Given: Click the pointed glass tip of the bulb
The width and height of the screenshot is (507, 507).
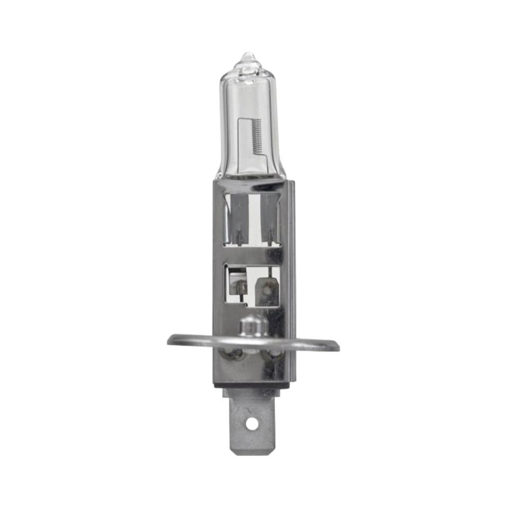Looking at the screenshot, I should (248, 56).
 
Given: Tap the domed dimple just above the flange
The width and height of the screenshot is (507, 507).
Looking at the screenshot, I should (253, 325).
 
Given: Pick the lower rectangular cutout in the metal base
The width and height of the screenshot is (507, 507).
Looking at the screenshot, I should (252, 286).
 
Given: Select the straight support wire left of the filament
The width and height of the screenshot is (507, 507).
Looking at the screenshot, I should (241, 141).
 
